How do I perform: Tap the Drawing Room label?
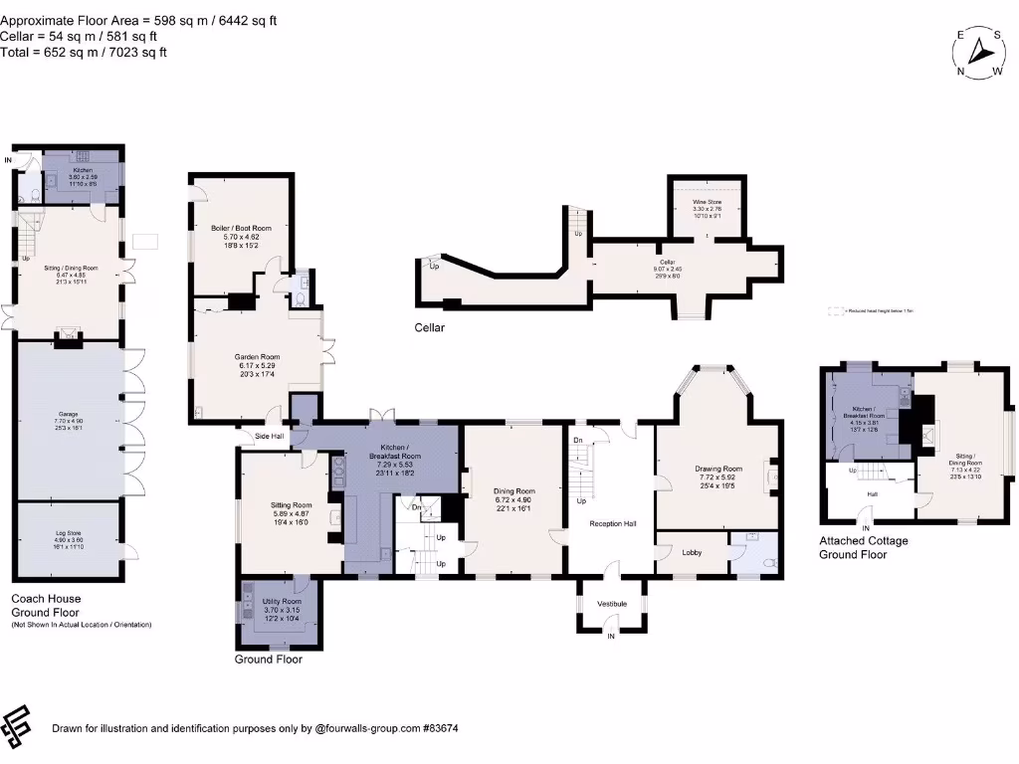click(x=717, y=469)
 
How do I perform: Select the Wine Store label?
click(x=708, y=202)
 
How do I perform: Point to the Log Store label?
click(x=68, y=534)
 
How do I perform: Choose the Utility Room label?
click(x=282, y=602)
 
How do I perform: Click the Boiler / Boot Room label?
click(x=241, y=228)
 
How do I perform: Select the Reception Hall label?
click(x=612, y=523)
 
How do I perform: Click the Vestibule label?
click(x=612, y=603)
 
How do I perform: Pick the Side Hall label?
click(x=268, y=436)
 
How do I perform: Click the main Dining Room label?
click(x=513, y=490)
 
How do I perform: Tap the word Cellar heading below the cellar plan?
click(x=430, y=327)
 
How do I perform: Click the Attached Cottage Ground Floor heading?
click(x=863, y=547)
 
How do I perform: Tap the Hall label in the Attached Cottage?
click(x=873, y=493)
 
